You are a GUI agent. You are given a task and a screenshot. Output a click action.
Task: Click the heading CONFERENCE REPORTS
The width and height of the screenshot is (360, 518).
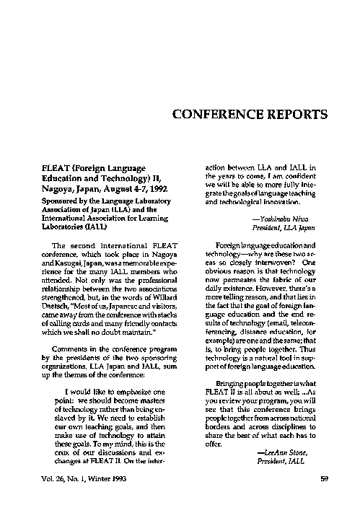click(251, 114)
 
